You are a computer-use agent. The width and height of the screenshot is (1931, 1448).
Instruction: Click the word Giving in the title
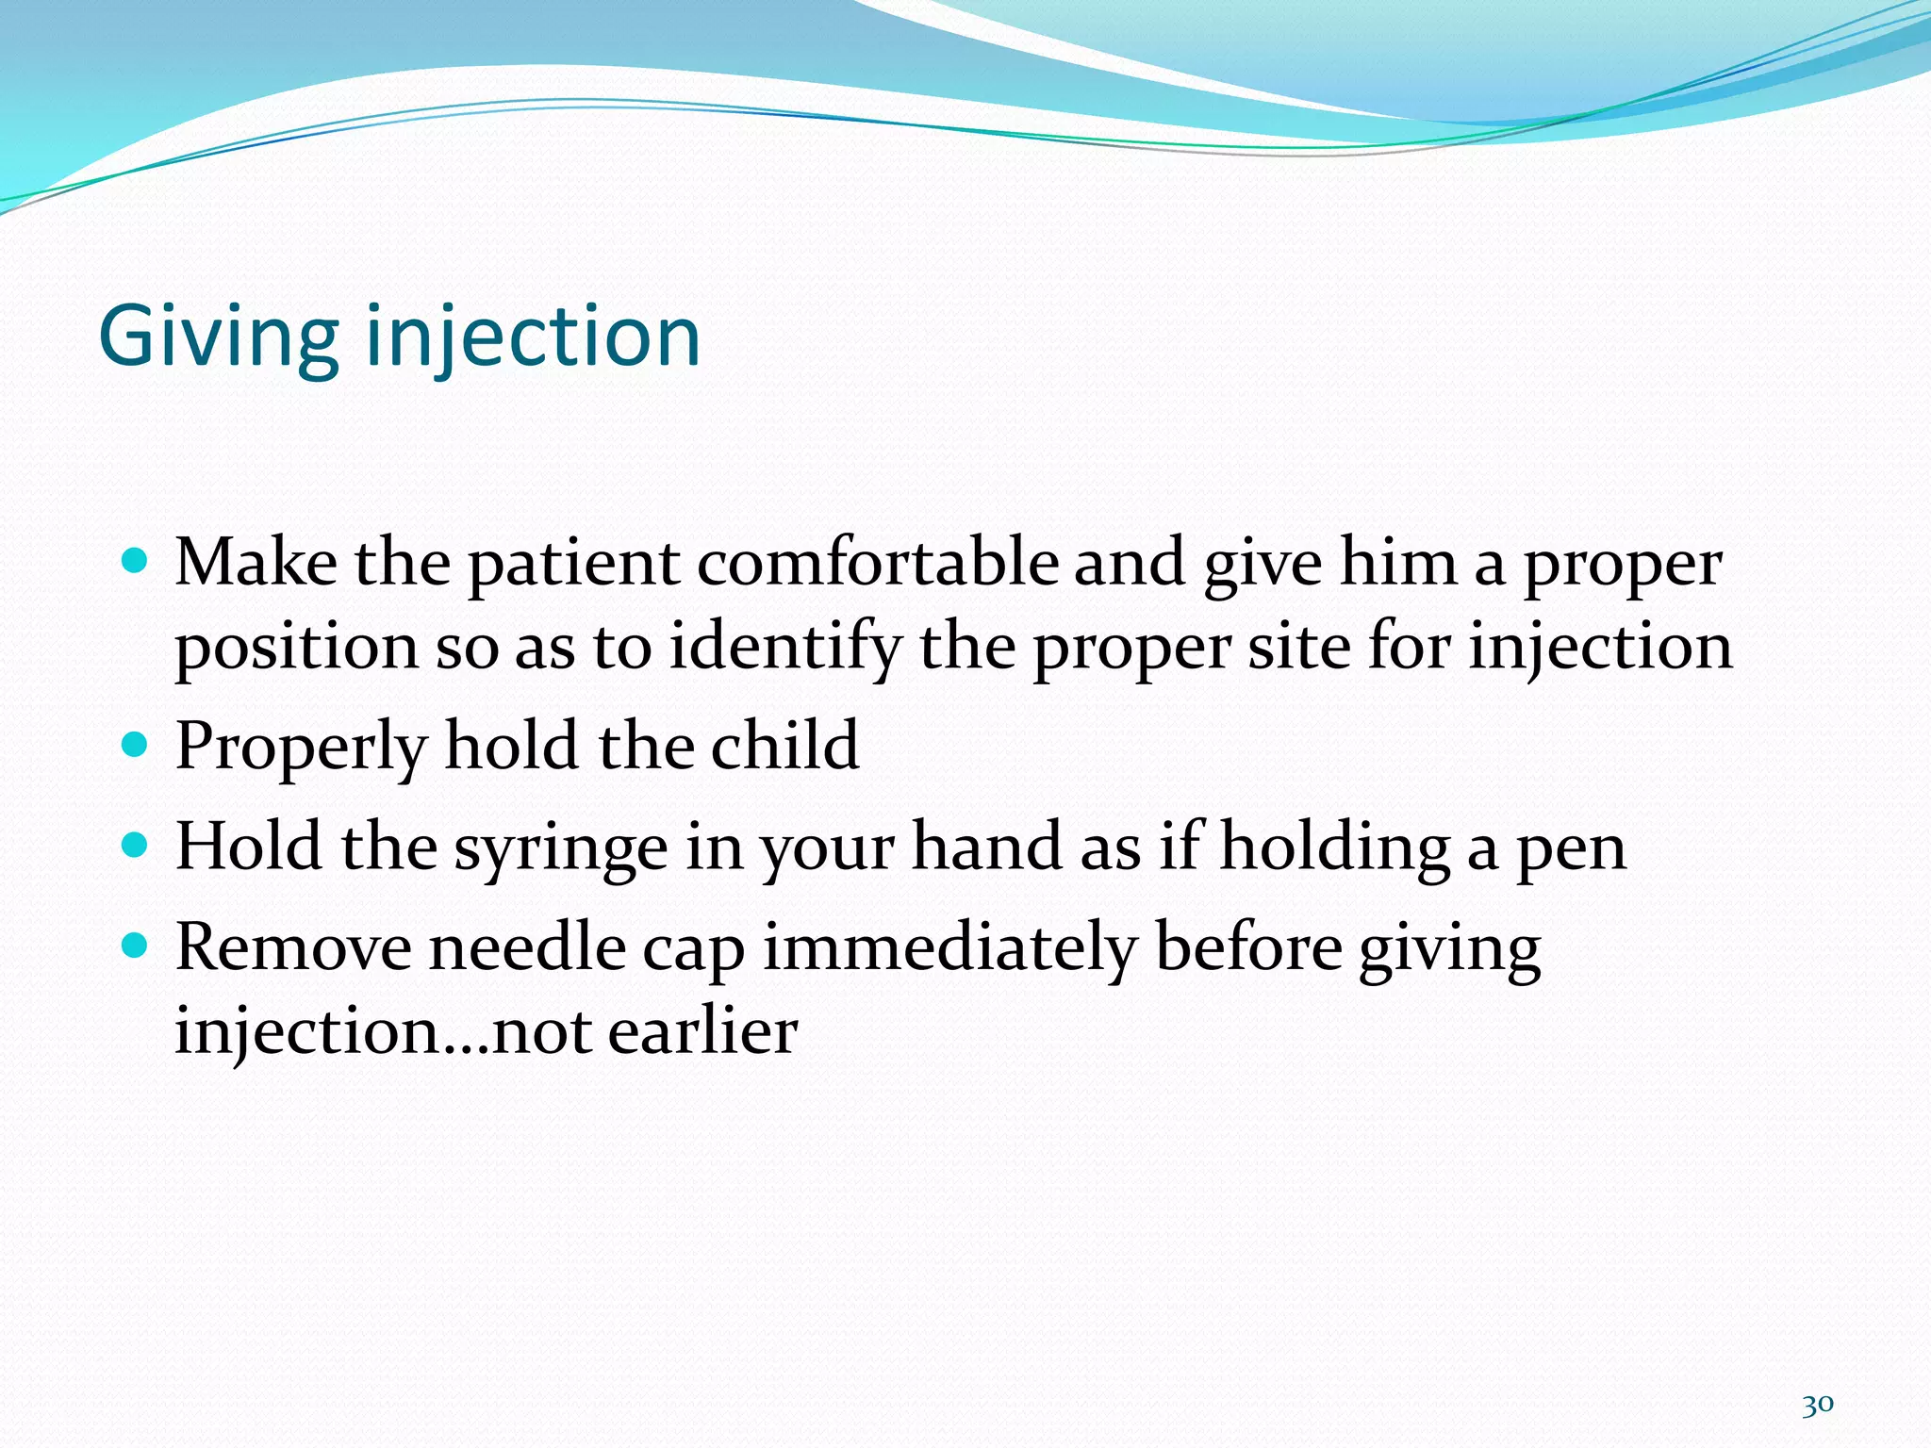point(218,337)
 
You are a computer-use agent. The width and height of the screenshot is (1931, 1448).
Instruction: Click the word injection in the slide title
point(533,337)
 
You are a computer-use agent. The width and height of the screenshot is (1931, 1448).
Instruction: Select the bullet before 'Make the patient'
point(136,562)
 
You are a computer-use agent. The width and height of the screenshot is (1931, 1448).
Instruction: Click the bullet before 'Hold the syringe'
point(136,845)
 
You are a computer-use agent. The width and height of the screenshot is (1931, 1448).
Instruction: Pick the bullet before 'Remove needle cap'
point(136,946)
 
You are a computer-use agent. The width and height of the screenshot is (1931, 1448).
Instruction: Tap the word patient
point(573,565)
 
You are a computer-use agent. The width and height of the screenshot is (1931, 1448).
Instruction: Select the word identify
point(784,649)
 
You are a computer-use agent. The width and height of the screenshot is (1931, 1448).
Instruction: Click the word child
point(784,746)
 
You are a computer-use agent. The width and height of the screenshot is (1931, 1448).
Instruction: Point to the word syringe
point(561,847)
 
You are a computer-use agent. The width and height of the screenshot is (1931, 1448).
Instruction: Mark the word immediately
point(949,948)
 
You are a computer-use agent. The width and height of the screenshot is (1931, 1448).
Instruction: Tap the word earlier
point(702,1030)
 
